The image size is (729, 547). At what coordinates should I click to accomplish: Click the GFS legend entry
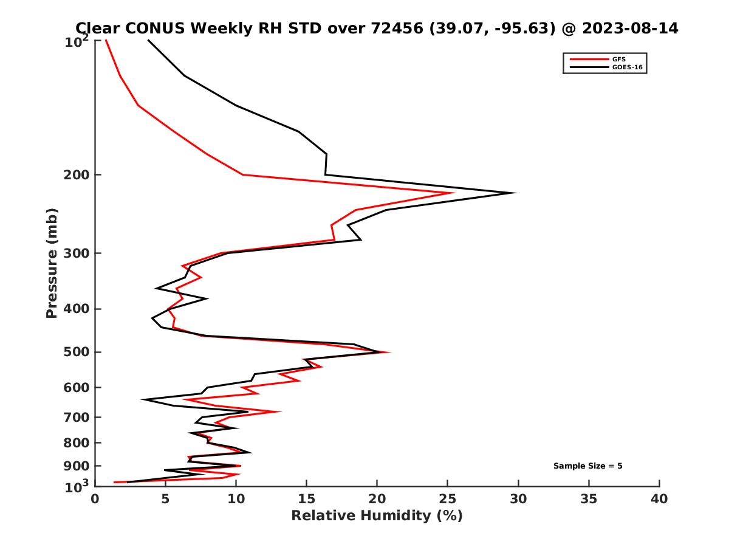tap(619, 59)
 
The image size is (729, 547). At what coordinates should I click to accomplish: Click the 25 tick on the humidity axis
tap(448, 500)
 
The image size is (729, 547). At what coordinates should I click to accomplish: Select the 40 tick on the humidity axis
tap(659, 500)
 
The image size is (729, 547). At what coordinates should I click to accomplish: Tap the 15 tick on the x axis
tap(306, 500)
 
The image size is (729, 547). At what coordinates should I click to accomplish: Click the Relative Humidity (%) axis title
tap(377, 516)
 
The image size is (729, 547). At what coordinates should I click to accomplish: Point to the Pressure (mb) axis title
tap(52, 263)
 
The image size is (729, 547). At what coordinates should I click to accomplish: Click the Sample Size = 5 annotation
tap(587, 466)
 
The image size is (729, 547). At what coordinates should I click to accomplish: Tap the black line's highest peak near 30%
tap(516, 193)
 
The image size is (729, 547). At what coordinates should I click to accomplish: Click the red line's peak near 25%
tap(454, 193)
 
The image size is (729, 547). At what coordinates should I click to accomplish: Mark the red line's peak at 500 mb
tap(390, 352)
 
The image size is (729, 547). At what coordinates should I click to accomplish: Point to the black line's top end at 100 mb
tap(148, 40)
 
